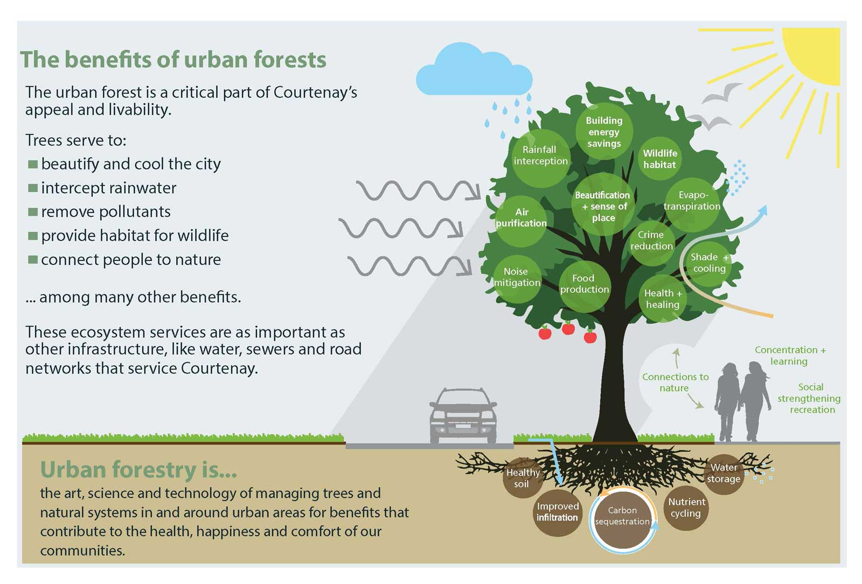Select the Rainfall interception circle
pyautogui.click(x=541, y=158)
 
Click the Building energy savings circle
pyautogui.click(x=604, y=131)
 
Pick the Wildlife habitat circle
pyautogui.click(x=660, y=158)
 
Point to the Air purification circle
pyautogui.click(x=521, y=221)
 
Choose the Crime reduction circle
pyautogui.click(x=651, y=243)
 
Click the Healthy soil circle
pyautogui.click(x=523, y=478)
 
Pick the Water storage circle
pyautogui.click(x=724, y=474)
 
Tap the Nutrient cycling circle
pyautogui.click(x=686, y=508)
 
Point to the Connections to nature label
pyautogui.click(x=675, y=382)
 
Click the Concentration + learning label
pyautogui.click(x=790, y=355)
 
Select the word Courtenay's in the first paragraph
pyautogui.click(x=315, y=92)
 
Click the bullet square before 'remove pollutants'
pyautogui.click(x=33, y=212)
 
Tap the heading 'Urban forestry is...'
pyautogui.click(x=138, y=469)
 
